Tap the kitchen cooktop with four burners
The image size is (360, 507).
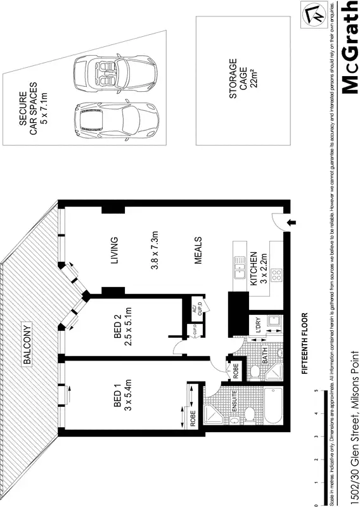[277, 275]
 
